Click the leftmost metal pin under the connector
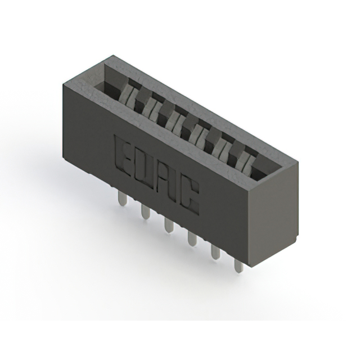121,197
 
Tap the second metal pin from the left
145,213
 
